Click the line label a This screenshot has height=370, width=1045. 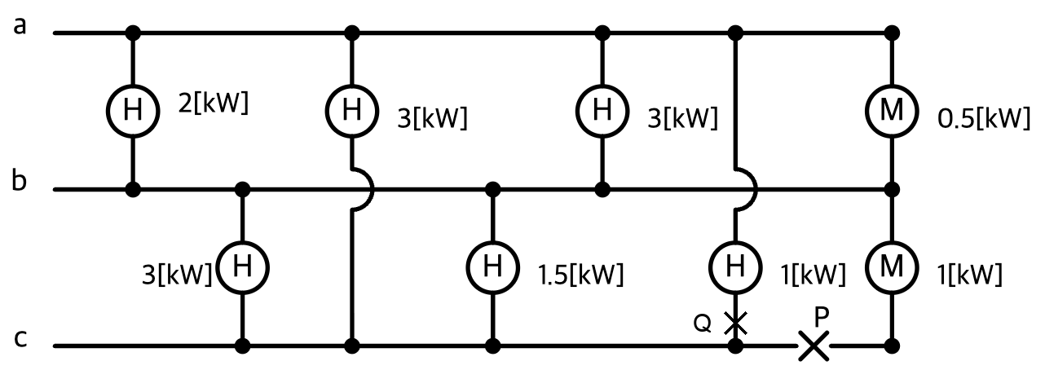(20, 26)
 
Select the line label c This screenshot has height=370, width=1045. (20, 339)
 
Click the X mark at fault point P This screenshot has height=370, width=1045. (814, 346)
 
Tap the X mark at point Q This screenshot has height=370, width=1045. (735, 323)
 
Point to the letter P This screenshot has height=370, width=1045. (821, 317)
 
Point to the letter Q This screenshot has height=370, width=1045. (702, 323)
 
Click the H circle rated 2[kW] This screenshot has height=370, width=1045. (133, 112)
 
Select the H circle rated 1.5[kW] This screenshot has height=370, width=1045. (492, 267)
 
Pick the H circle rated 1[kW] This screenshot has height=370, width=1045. (735, 266)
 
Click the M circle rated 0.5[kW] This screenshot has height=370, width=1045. (892, 112)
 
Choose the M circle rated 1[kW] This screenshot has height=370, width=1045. (892, 266)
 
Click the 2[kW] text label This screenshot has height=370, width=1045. (214, 104)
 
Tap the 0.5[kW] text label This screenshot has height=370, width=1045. (984, 118)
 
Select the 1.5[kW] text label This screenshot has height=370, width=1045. (581, 275)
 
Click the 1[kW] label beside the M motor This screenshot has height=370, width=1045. (970, 275)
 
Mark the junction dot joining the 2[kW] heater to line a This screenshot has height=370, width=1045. (133, 33)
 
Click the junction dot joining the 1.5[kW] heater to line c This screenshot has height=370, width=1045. (492, 346)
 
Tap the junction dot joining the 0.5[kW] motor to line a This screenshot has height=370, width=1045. (892, 33)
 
